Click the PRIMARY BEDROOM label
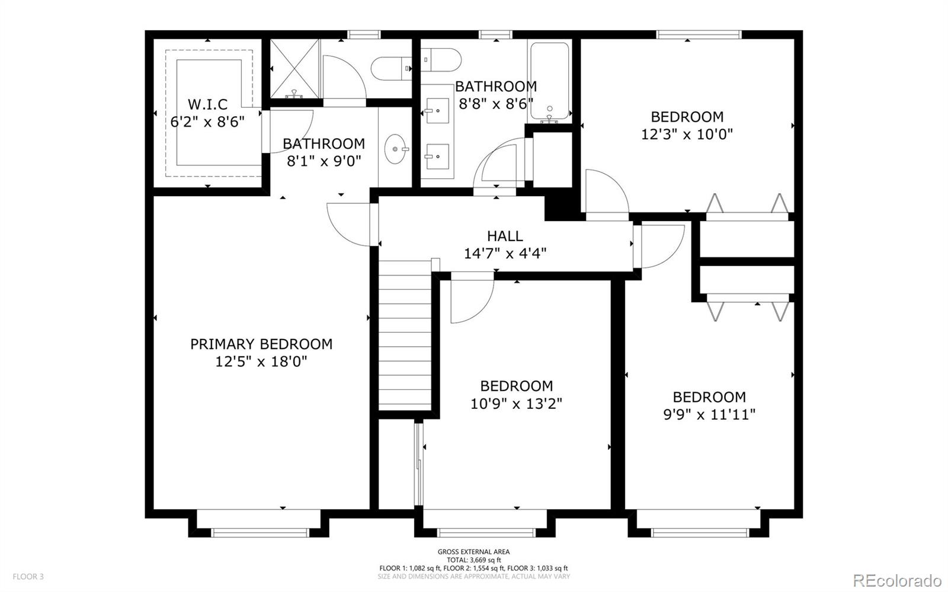261,344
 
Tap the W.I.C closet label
207,104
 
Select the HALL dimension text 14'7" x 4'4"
505,254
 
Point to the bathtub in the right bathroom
549,81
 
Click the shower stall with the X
294,69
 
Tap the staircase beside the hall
405,335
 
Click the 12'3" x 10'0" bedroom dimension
687,135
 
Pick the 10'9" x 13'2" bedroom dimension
516,404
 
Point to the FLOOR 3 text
28,577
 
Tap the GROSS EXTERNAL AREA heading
473,552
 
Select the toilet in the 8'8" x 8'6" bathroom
441,60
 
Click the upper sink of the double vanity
437,111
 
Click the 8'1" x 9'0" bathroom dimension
324,161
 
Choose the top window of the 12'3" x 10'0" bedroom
699,34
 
